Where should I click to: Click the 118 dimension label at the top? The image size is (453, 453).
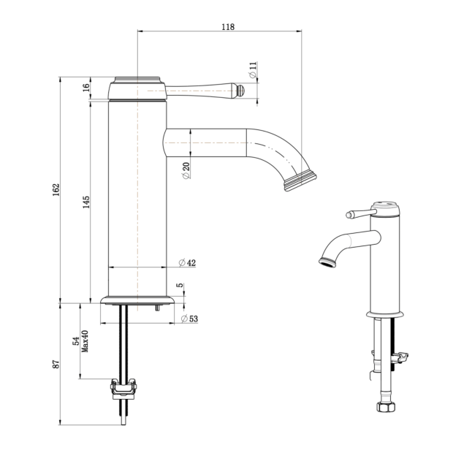[228, 27]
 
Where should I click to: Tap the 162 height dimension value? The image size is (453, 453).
[56, 189]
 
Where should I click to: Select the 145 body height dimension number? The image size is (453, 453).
[86, 202]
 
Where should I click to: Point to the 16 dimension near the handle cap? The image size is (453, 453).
[86, 88]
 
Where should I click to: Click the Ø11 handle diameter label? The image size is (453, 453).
[253, 69]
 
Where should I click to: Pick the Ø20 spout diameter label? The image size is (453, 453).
[186, 170]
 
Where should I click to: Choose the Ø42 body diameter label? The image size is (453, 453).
[187, 263]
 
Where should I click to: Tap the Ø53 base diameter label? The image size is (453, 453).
[189, 319]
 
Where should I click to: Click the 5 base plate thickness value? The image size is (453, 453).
[180, 285]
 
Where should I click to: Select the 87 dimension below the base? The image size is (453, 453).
[56, 364]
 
